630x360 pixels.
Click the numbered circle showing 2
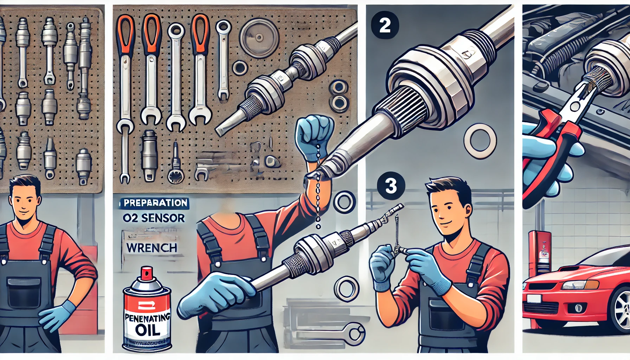click(x=385, y=25)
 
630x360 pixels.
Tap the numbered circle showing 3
click(x=391, y=186)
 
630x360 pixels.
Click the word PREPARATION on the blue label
click(x=155, y=203)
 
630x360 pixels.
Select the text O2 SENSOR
click(x=154, y=218)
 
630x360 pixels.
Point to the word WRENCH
click(x=152, y=248)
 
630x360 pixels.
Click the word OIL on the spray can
click(x=148, y=330)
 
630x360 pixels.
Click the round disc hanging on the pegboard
click(x=259, y=37)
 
